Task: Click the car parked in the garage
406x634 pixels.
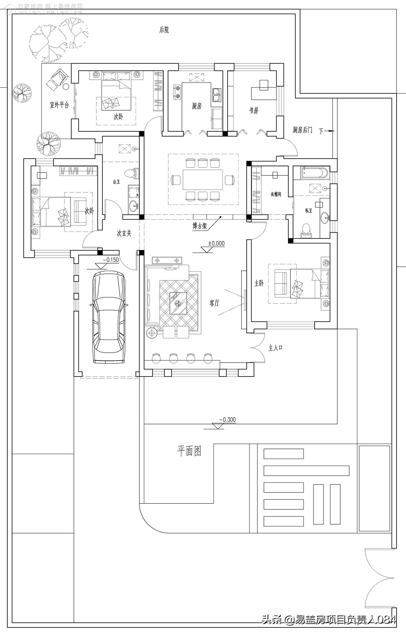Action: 109,318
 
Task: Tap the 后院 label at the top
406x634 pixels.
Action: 164,30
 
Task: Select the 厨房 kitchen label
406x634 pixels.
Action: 197,106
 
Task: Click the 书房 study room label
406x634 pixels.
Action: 254,110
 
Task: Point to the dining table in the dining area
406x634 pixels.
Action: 203,180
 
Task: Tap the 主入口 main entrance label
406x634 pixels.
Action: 276,348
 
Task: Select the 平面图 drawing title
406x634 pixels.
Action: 189,451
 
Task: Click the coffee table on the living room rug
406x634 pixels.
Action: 178,303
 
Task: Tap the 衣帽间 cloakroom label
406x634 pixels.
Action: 276,194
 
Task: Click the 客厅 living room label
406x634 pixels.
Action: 214,303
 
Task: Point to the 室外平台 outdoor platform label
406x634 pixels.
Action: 59,105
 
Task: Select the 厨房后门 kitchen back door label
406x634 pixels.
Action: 302,130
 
